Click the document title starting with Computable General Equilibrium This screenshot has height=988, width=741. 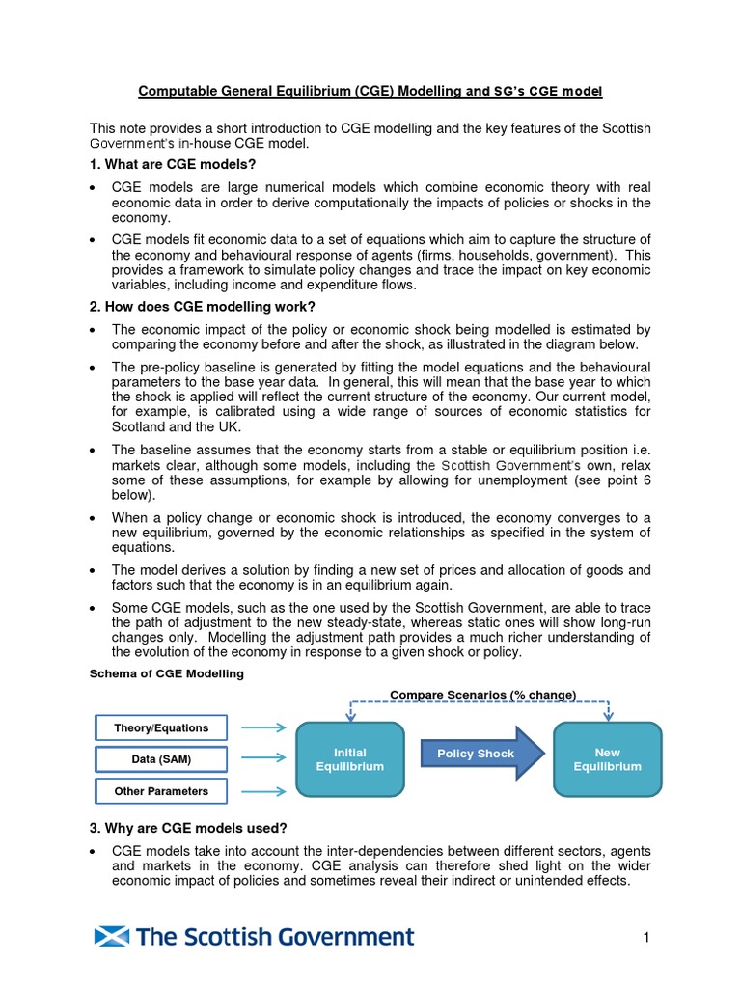click(x=370, y=92)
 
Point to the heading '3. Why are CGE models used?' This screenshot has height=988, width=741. click(x=188, y=828)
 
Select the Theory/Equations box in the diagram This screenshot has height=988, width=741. click(x=161, y=727)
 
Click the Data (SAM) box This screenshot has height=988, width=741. click(x=161, y=759)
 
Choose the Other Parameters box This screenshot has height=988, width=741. click(x=161, y=791)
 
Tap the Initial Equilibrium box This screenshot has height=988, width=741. click(x=350, y=759)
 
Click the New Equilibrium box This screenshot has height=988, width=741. click(x=608, y=759)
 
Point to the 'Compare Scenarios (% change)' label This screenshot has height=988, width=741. click(x=482, y=695)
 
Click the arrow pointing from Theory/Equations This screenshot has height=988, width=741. click(x=262, y=727)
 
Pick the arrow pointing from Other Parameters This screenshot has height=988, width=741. click(x=262, y=791)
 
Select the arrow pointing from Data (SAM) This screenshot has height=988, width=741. click(x=262, y=759)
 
